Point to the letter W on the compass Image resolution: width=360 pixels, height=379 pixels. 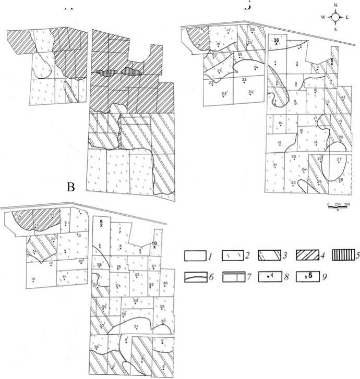[x=323, y=17]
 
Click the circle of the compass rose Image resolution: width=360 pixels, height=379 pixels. [x=337, y=17]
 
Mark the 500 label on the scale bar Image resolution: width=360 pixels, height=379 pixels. [x=346, y=203]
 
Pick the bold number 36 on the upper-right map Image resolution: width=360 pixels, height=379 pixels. [x=277, y=40]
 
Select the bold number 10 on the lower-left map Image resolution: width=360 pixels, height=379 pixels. [x=155, y=243]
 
